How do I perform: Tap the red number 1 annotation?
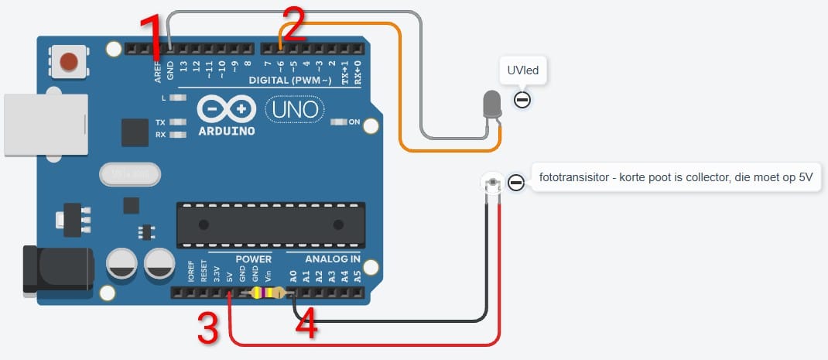click(153, 39)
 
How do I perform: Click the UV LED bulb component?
click(491, 105)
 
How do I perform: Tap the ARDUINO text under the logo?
click(225, 131)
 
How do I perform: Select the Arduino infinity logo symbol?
click(225, 108)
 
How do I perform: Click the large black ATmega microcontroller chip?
click(271, 224)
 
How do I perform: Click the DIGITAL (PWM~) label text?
click(290, 81)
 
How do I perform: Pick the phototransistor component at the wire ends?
click(492, 183)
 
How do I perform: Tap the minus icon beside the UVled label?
click(522, 100)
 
